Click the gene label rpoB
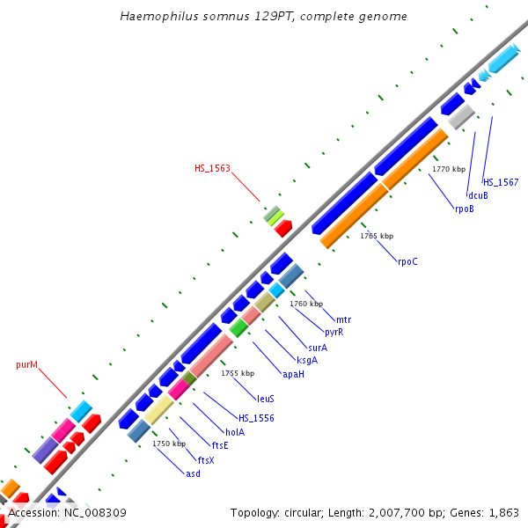pyautogui.click(x=465, y=209)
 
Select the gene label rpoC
pyautogui.click(x=407, y=261)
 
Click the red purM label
pyautogui.click(x=27, y=364)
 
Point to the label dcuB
pyautogui.click(x=478, y=195)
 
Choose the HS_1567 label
pyautogui.click(x=500, y=182)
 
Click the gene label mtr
pyautogui.click(x=343, y=319)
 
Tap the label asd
pyautogui.click(x=193, y=473)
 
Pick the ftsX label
pyautogui.click(x=206, y=460)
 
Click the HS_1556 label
pyautogui.click(x=256, y=418)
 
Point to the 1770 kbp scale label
pyautogui.click(x=449, y=169)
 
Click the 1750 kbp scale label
pyautogui.click(x=169, y=444)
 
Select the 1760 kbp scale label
pyautogui.click(x=306, y=304)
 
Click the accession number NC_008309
pyautogui.click(x=91, y=512)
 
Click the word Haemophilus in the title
pyautogui.click(x=156, y=17)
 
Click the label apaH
pyautogui.click(x=293, y=374)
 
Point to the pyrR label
pyautogui.click(x=334, y=332)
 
